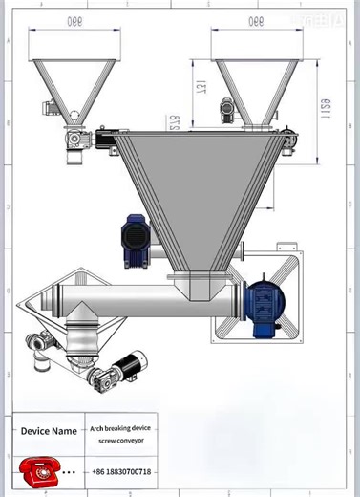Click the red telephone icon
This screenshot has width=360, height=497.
[38, 471]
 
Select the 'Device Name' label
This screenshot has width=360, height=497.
[49, 432]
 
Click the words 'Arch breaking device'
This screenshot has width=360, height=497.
[118, 429]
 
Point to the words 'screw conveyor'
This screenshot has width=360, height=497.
[118, 442]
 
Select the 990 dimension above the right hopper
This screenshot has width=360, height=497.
[255, 20]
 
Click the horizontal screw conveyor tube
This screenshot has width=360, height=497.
[143, 305]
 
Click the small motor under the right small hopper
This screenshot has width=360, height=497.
[227, 111]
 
